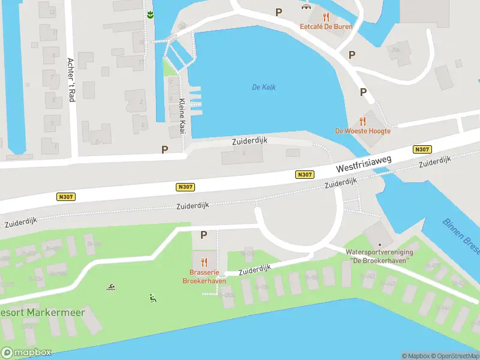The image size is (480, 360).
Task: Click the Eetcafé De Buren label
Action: pyautogui.click(x=326, y=26)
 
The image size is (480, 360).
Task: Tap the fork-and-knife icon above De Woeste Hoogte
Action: pyautogui.click(x=362, y=121)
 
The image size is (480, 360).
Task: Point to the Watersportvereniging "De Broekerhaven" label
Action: pyautogui.click(x=380, y=256)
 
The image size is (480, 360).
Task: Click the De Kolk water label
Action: pyautogui.click(x=263, y=88)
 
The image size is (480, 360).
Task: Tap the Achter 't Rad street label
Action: pyautogui.click(x=71, y=79)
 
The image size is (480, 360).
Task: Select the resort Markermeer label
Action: pyautogui.click(x=42, y=313)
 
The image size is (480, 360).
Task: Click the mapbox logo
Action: pyautogui.click(x=26, y=353)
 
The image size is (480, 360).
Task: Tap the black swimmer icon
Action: pyautogui.click(x=111, y=287)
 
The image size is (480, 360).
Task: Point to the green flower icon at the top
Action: pyautogui.click(x=149, y=14)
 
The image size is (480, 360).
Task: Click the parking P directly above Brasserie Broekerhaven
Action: pyautogui.click(x=203, y=235)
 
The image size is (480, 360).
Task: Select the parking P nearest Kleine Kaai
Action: pyautogui.click(x=164, y=149)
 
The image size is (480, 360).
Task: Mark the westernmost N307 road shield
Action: pyautogui.click(x=65, y=196)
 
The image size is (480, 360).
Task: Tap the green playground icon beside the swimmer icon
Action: pyautogui.click(x=152, y=297)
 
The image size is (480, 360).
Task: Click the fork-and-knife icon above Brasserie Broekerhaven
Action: pyautogui.click(x=204, y=262)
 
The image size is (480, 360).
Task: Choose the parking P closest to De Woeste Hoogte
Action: pyautogui.click(x=363, y=92)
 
